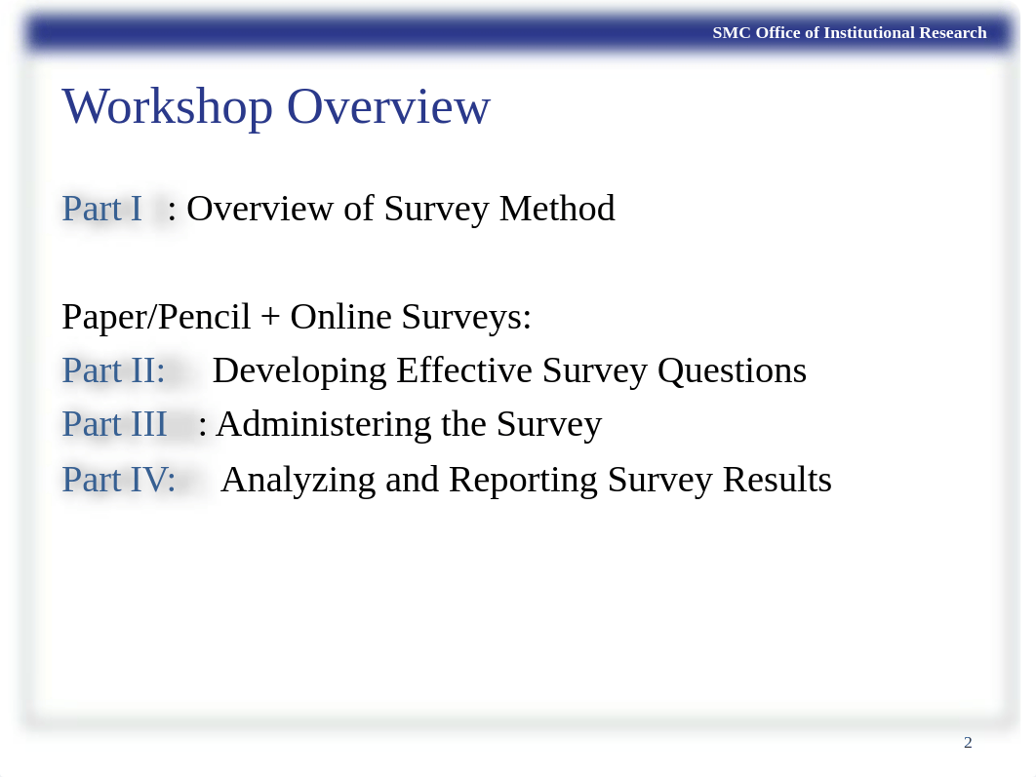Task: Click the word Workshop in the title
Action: (x=167, y=107)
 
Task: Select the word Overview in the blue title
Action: (x=388, y=107)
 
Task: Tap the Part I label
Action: (x=101, y=209)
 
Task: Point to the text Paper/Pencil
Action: (x=156, y=317)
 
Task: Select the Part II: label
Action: (x=113, y=370)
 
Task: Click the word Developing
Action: (x=299, y=371)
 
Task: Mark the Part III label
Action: (x=114, y=424)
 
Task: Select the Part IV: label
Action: (x=118, y=480)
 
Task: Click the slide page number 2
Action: (x=968, y=743)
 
